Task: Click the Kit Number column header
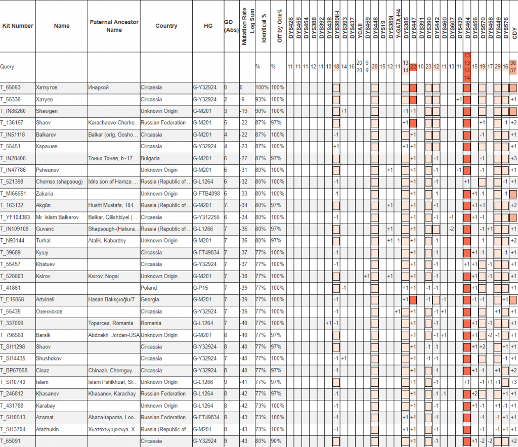pos(18,26)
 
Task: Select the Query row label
pos(7,66)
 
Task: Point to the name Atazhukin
pos(48,429)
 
